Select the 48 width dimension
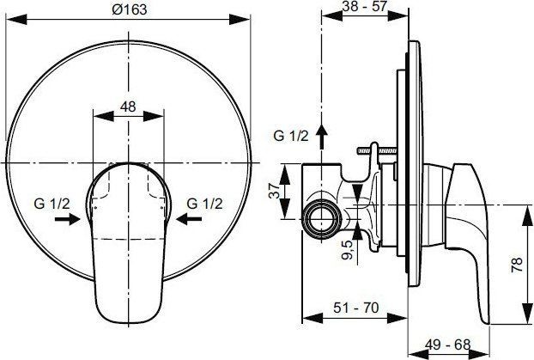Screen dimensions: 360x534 (127, 107)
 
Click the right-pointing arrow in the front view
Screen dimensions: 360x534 (65, 220)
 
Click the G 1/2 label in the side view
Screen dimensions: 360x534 (289, 135)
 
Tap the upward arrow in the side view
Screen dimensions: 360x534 (322, 134)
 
